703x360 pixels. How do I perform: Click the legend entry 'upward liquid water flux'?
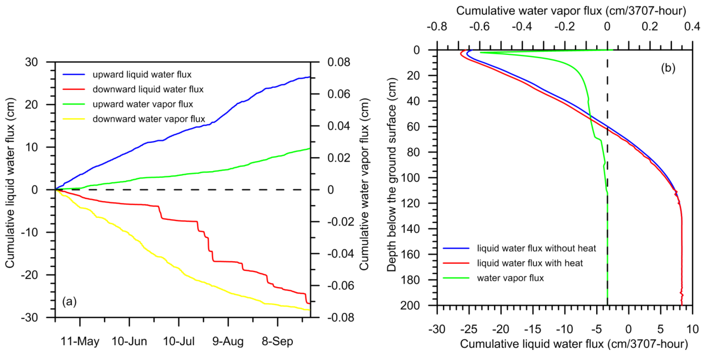pyautogui.click(x=142, y=74)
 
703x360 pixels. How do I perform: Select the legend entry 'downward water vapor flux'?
pyautogui.click(x=149, y=119)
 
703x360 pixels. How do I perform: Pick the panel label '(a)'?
pyautogui.click(x=69, y=301)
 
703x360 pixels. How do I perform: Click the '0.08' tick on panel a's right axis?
pyautogui.click(x=339, y=62)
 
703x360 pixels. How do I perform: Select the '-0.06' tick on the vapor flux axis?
pyautogui.click(x=341, y=286)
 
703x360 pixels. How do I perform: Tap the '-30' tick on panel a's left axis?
pyautogui.click(x=29, y=317)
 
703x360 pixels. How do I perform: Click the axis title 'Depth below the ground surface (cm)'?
pyautogui.click(x=392, y=175)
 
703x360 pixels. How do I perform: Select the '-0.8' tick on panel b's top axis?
pyautogui.click(x=437, y=26)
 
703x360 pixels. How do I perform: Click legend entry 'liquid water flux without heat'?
pyautogui.click(x=536, y=248)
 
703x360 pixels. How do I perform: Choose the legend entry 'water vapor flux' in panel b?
pyautogui.click(x=510, y=278)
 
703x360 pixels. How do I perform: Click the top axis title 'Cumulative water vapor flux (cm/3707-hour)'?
pyautogui.click(x=571, y=11)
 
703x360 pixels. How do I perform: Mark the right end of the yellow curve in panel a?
pyautogui.click(x=310, y=310)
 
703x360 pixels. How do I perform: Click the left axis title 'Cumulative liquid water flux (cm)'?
pyautogui.click(x=10, y=183)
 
